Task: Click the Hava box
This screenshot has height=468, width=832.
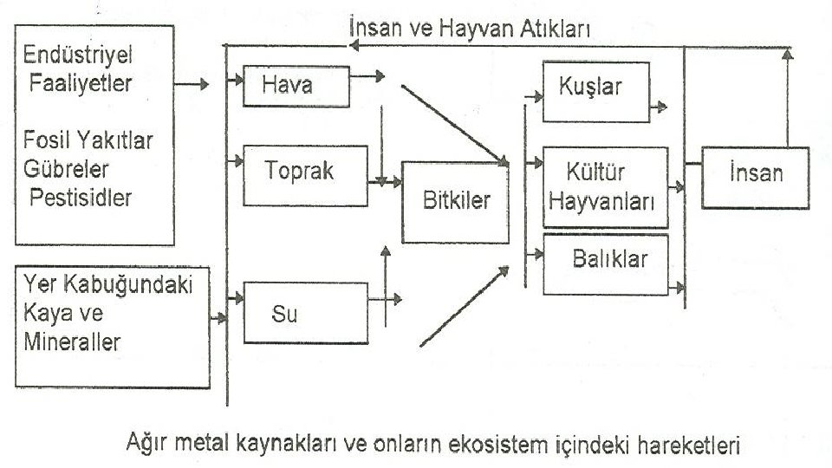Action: coord(296,86)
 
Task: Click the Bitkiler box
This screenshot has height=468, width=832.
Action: coord(455,202)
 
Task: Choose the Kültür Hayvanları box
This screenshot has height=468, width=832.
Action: coord(605,186)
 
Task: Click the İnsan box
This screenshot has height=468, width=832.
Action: coord(755,177)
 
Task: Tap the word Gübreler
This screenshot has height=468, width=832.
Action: coord(68,168)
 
